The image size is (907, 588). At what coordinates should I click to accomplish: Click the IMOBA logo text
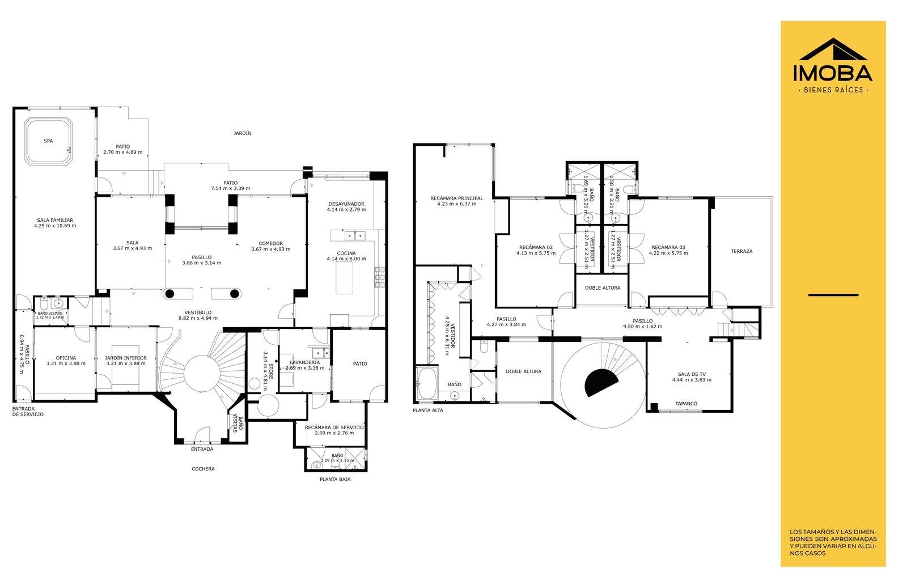pos(833,73)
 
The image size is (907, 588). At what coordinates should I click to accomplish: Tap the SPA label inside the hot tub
pos(48,141)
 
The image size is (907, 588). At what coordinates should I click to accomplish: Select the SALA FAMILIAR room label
pos(55,221)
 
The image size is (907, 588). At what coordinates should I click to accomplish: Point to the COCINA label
pos(346,253)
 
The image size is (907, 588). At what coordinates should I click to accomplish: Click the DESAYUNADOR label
pos(346,204)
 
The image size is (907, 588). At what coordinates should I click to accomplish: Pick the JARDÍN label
pos(242,133)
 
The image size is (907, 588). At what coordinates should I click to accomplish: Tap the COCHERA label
pos(204,469)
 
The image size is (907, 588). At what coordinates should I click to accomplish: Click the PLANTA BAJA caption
pos(335,480)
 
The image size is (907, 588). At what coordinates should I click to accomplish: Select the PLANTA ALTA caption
pos(428,410)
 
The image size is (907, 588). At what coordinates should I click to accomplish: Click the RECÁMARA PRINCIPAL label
pos(457,198)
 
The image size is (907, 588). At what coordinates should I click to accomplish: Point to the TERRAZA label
pos(742,251)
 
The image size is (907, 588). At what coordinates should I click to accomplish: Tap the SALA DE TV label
pos(692,374)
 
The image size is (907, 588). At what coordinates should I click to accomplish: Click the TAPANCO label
pos(686,403)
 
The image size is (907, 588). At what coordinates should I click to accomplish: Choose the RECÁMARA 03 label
pos(668,247)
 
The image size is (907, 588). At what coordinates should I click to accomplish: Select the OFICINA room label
pos(66,358)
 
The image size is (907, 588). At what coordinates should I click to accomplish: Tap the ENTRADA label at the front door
pos(202,449)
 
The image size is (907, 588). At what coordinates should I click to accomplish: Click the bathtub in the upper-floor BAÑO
pos(427,383)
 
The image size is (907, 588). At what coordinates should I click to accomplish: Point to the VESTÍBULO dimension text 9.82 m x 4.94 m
pos(198,318)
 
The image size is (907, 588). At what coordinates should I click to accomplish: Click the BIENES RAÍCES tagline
pos(833,90)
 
